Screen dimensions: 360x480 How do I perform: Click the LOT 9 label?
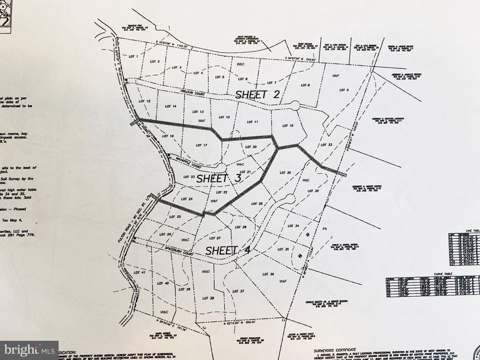coord(344,90)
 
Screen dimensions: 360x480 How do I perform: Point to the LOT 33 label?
coord(327,145)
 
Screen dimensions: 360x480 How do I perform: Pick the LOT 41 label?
coord(139,271)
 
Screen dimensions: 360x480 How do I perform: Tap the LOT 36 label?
coord(268,274)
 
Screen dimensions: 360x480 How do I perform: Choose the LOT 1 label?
coord(133,56)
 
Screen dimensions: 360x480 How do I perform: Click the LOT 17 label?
coord(201,145)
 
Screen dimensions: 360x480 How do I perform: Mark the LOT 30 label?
coord(285,172)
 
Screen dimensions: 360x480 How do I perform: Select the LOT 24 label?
coord(187,199)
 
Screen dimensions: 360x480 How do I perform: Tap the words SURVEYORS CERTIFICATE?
coord(334,350)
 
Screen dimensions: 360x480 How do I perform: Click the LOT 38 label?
coord(208,298)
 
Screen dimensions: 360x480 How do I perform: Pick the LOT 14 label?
coord(170,106)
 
